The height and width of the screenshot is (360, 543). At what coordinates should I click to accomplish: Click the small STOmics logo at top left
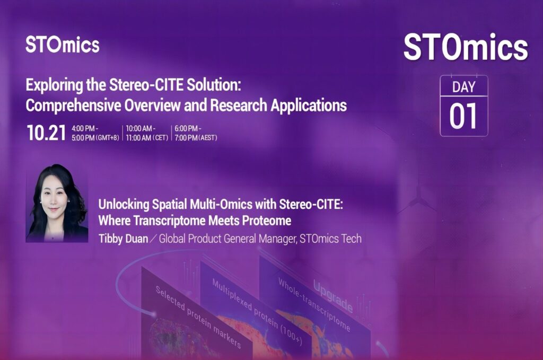(63, 45)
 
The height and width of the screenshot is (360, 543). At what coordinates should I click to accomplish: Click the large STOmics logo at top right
(466, 47)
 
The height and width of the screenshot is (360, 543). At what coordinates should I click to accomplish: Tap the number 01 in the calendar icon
(463, 116)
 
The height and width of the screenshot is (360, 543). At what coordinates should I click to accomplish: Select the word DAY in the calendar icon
(463, 87)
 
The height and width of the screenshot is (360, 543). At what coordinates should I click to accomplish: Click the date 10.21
(46, 133)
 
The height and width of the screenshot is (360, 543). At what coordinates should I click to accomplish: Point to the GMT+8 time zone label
(107, 138)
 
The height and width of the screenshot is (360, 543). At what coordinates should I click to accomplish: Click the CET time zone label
(160, 138)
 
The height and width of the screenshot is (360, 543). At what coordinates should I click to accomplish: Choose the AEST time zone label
(207, 138)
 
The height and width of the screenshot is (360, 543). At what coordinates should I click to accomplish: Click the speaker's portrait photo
(57, 203)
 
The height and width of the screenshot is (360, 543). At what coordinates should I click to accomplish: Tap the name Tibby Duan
(123, 239)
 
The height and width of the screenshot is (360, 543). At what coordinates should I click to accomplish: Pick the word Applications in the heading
(309, 105)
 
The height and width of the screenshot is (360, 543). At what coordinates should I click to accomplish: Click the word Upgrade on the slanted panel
(333, 296)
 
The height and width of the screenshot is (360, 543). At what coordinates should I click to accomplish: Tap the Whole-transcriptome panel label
(314, 304)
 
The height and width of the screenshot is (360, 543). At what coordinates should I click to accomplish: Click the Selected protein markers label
(198, 317)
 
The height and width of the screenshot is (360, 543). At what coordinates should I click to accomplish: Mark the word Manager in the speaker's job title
(276, 239)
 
